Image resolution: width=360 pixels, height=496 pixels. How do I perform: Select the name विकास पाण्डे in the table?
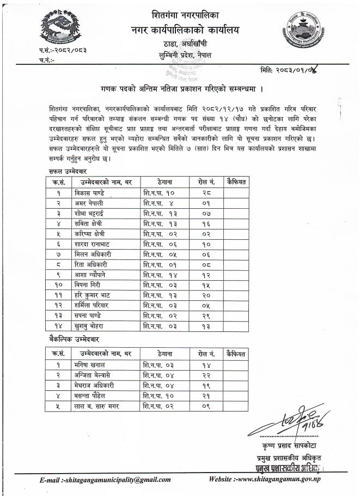coord(91,192)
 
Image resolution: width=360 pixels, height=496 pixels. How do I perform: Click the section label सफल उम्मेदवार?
coord(64,171)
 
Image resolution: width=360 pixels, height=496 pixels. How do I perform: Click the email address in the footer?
coord(105,480)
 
